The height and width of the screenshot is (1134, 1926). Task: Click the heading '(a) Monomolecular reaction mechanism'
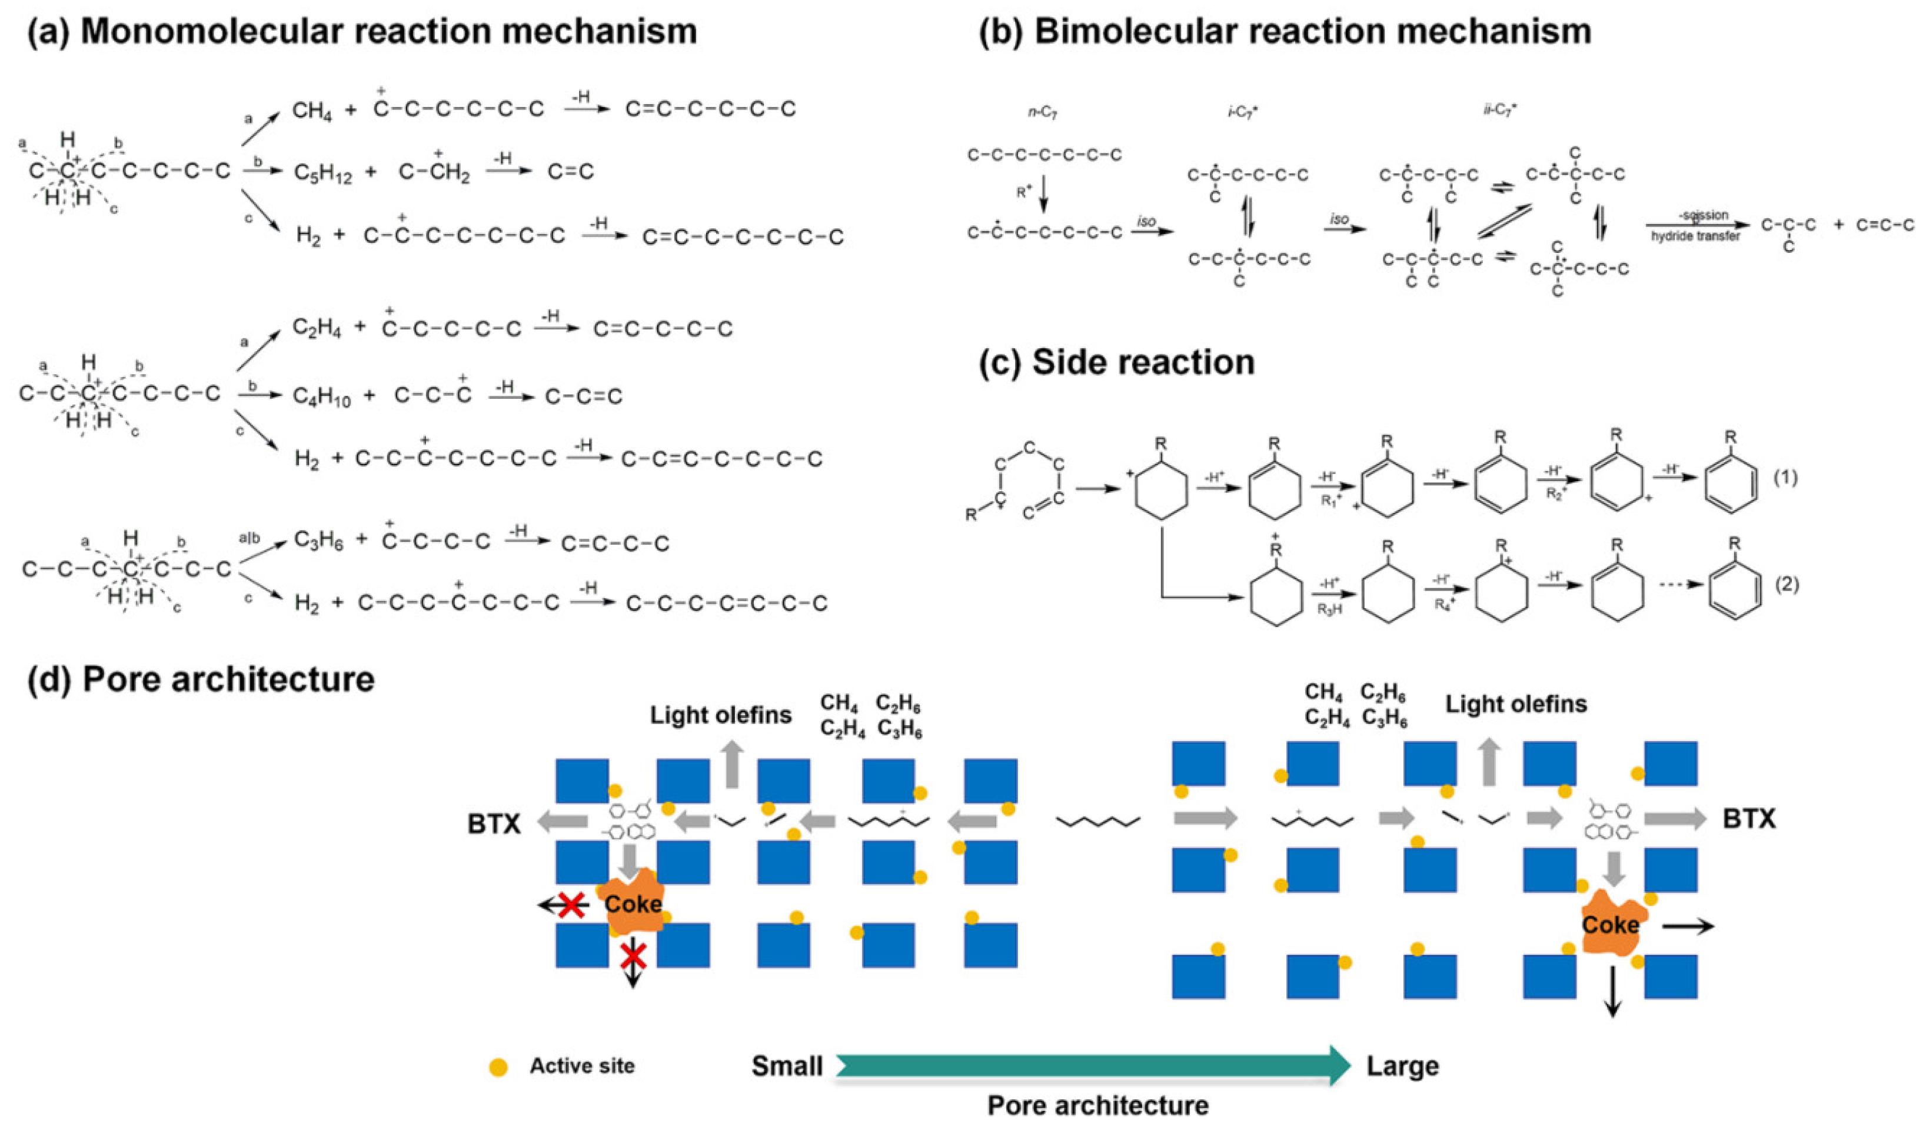click(362, 31)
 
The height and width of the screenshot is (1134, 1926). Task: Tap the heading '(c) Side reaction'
click(1117, 362)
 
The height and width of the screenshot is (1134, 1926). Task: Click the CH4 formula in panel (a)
click(312, 112)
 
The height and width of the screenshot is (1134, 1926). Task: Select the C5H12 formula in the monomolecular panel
click(322, 174)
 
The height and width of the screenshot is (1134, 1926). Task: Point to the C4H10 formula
click(322, 396)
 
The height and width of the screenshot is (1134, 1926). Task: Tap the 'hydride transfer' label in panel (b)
click(1695, 236)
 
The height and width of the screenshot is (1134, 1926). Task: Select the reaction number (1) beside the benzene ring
click(1785, 478)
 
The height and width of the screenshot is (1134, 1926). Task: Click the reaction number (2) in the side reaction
click(1785, 585)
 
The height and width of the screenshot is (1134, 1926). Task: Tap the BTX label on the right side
click(1749, 818)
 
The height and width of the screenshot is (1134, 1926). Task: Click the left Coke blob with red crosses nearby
click(632, 903)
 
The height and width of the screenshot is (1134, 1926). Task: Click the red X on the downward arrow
click(632, 955)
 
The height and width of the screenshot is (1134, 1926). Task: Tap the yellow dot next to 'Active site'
click(498, 1068)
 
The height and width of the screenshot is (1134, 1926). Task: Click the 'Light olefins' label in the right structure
click(1516, 704)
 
